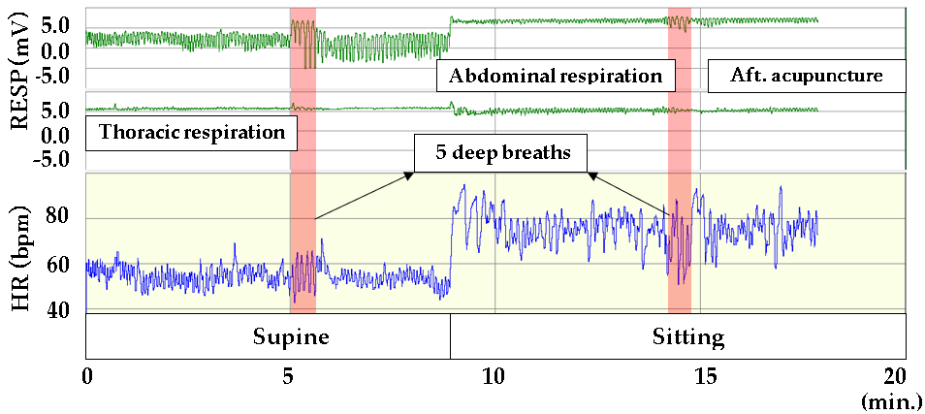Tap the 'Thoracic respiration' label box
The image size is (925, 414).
click(191, 131)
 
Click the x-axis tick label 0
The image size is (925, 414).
click(87, 374)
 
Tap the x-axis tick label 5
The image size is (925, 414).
click(291, 374)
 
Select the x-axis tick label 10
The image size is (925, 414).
click(494, 374)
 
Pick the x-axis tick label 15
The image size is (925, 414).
click(698, 374)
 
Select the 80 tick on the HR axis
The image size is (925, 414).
click(60, 217)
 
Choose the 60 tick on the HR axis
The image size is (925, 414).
click(60, 264)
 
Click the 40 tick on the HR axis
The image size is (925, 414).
click(60, 310)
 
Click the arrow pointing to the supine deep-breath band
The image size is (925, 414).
click(361, 195)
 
